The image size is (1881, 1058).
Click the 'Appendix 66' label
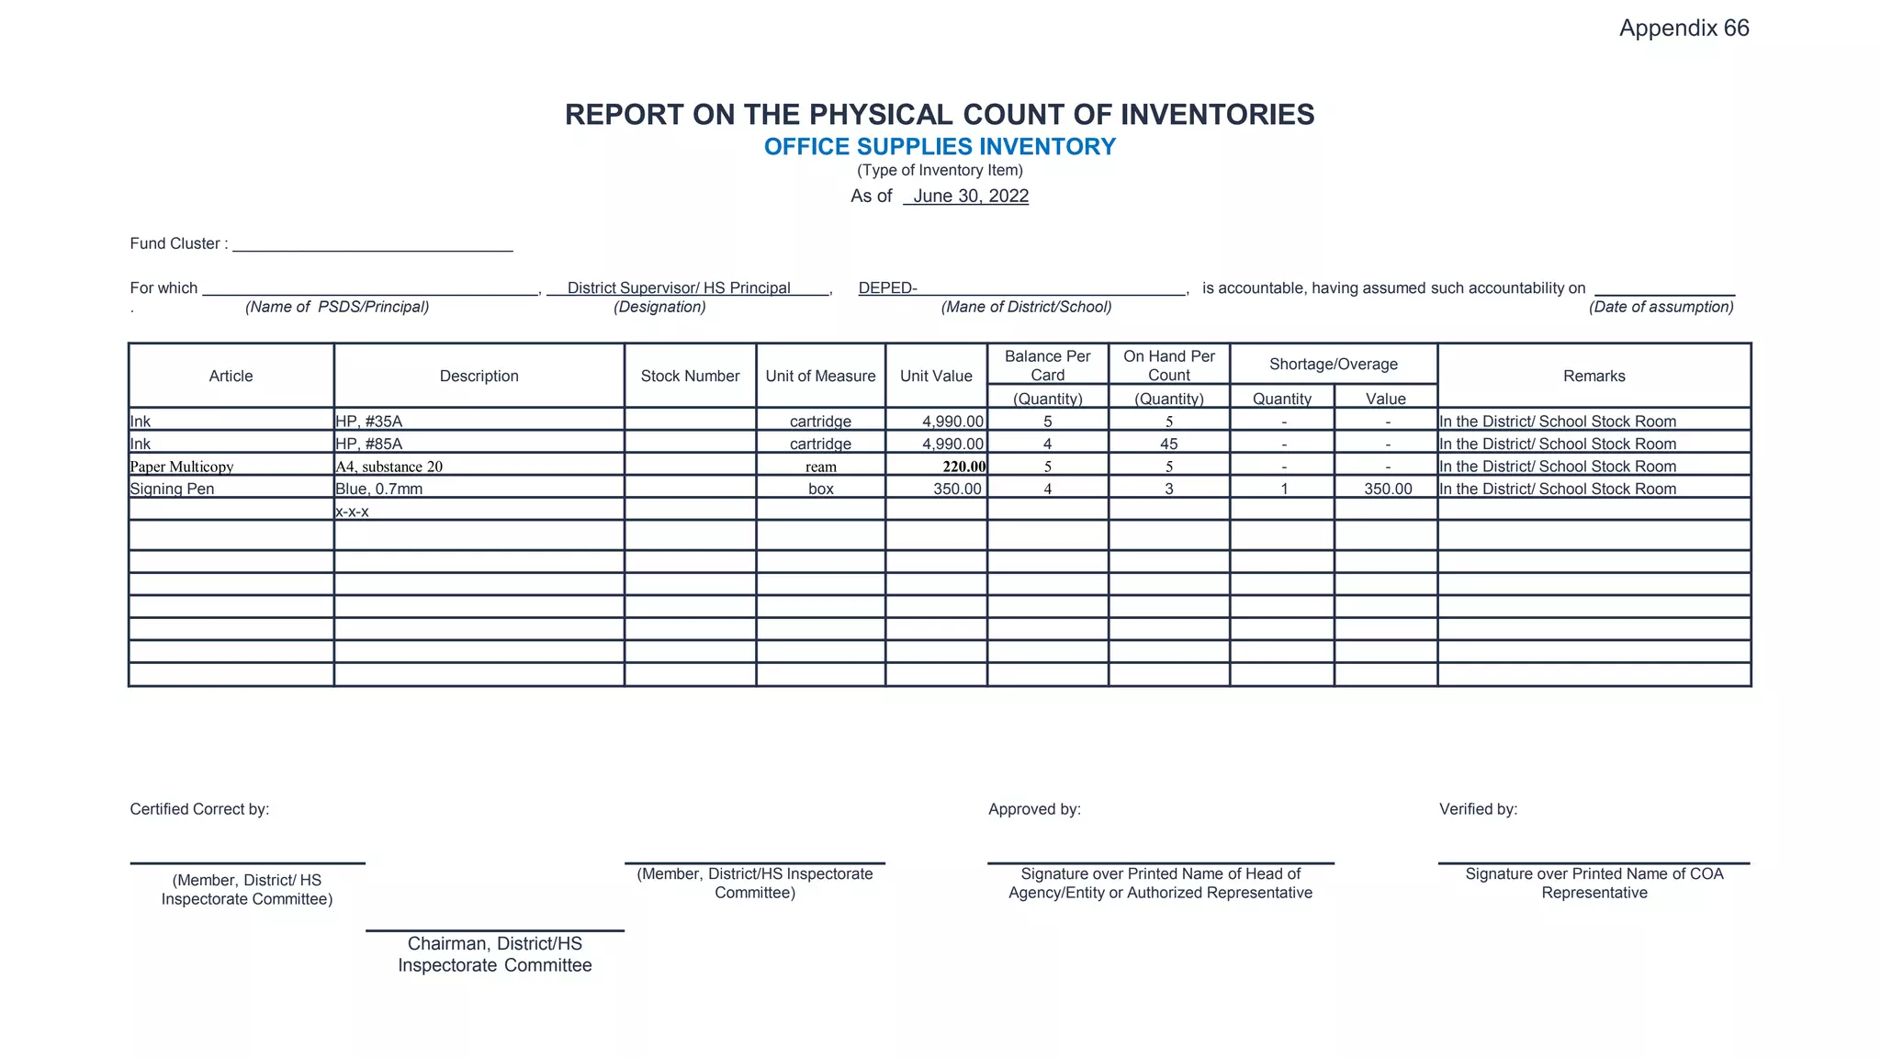click(x=1684, y=28)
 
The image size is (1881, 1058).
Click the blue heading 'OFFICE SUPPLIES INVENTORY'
click(x=940, y=147)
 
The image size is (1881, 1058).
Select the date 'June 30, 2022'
click(x=970, y=197)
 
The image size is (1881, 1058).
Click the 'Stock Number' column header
click(x=690, y=377)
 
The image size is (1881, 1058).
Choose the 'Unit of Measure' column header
click(x=820, y=377)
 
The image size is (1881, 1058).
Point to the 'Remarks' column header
click(x=1594, y=377)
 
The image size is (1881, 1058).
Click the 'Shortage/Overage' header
click(x=1333, y=365)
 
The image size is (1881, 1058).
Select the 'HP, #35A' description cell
click(x=369, y=422)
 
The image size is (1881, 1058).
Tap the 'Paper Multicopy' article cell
click(x=182, y=467)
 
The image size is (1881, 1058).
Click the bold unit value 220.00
click(x=963, y=467)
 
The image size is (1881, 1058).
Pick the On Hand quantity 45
click(x=1168, y=445)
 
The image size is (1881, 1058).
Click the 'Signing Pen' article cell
click(x=172, y=490)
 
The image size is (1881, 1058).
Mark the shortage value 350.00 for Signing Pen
click(x=1387, y=490)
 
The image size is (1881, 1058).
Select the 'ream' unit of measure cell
click(x=820, y=467)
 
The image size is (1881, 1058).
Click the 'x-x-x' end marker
click(x=352, y=512)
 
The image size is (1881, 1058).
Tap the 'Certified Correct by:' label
click(x=199, y=810)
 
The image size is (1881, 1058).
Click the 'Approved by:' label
click(x=1034, y=810)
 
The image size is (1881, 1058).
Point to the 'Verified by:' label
click(x=1478, y=810)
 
